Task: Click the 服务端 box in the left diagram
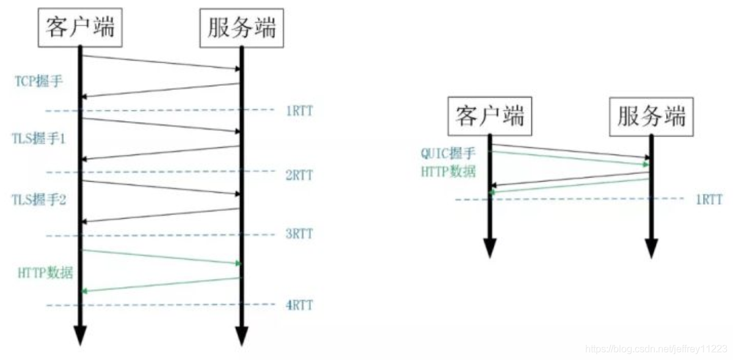[x=242, y=27]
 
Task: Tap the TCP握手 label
[x=39, y=81]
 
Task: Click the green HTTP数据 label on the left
[x=45, y=273]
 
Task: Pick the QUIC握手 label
[x=448, y=153]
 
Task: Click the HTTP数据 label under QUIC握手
[x=448, y=172]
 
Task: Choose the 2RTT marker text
[x=299, y=176]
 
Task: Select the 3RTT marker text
[x=299, y=234]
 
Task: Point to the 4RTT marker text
[x=299, y=304]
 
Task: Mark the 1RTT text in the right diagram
[x=708, y=200]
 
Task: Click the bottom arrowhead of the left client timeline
[x=80, y=334]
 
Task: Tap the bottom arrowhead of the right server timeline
[x=651, y=247]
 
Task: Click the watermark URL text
[x=655, y=349]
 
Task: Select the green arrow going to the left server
[x=161, y=257]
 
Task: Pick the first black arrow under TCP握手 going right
[x=161, y=62]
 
